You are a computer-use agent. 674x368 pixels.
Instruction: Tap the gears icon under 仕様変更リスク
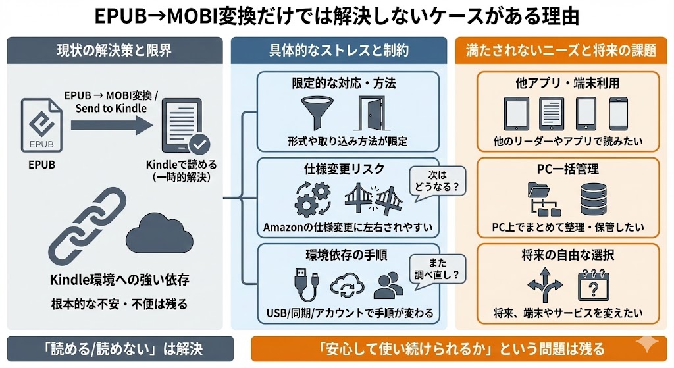(x=312, y=198)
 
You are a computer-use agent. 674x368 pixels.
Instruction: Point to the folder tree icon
(x=544, y=200)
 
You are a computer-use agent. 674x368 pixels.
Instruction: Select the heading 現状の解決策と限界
(x=116, y=51)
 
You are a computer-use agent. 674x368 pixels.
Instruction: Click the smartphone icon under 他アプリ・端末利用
(x=619, y=113)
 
